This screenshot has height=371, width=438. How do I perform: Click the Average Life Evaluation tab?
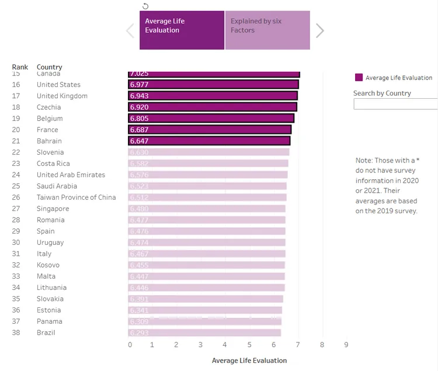182,30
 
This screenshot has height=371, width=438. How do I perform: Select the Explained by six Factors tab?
267,30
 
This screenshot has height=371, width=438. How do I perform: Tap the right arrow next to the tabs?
319,31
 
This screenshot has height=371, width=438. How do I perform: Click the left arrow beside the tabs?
130,31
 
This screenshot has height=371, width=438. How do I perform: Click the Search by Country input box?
395,104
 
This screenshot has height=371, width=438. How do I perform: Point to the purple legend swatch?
359,78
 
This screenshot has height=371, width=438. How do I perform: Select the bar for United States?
213,85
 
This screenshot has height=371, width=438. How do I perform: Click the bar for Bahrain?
209,141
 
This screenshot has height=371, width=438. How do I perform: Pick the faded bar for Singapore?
207,209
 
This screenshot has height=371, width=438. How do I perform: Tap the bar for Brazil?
204,332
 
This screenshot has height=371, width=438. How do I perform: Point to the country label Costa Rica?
53,164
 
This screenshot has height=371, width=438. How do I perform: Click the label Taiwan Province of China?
76,197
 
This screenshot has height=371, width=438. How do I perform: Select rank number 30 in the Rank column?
16,242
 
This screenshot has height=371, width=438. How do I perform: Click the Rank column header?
20,67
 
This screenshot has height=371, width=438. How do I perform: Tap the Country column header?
49,67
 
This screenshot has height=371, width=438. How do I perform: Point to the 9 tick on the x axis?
346,345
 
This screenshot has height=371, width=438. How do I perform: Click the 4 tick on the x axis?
225,345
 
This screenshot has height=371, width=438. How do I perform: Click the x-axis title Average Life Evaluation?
249,360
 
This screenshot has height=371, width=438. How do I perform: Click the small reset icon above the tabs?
145,6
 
